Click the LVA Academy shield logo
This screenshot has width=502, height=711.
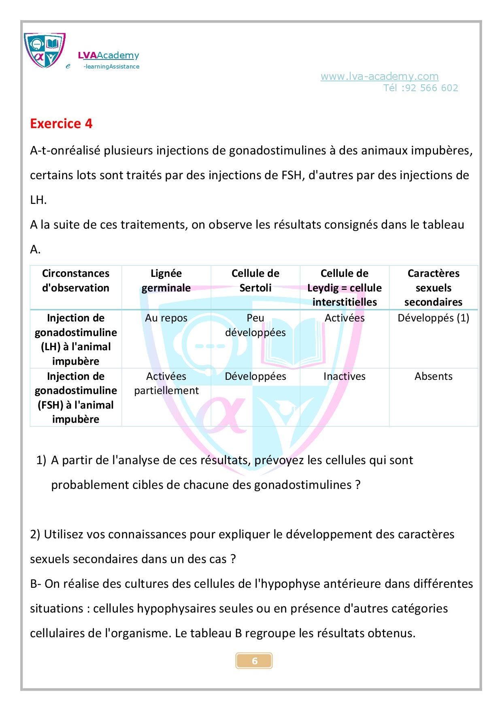(x=45, y=50)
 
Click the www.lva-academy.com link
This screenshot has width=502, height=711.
(x=379, y=76)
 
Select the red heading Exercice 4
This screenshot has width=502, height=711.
(x=61, y=123)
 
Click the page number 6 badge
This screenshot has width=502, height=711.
(x=254, y=661)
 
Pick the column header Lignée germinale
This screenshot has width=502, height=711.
(x=166, y=281)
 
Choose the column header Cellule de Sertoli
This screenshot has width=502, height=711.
(x=255, y=281)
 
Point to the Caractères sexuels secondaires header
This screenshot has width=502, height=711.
(x=433, y=287)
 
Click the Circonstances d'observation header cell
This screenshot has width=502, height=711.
(x=76, y=281)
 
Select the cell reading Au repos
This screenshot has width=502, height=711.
(x=166, y=318)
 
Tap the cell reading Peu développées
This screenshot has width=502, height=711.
(x=255, y=325)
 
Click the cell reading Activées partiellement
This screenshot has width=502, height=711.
(x=166, y=383)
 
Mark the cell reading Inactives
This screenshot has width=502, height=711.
(x=344, y=376)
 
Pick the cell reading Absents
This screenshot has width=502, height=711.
(x=433, y=376)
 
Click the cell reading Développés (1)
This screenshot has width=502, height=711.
(x=433, y=318)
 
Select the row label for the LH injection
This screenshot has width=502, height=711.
(x=76, y=339)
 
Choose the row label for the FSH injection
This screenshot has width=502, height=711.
(x=76, y=397)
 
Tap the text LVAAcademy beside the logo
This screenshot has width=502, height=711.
(x=108, y=56)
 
